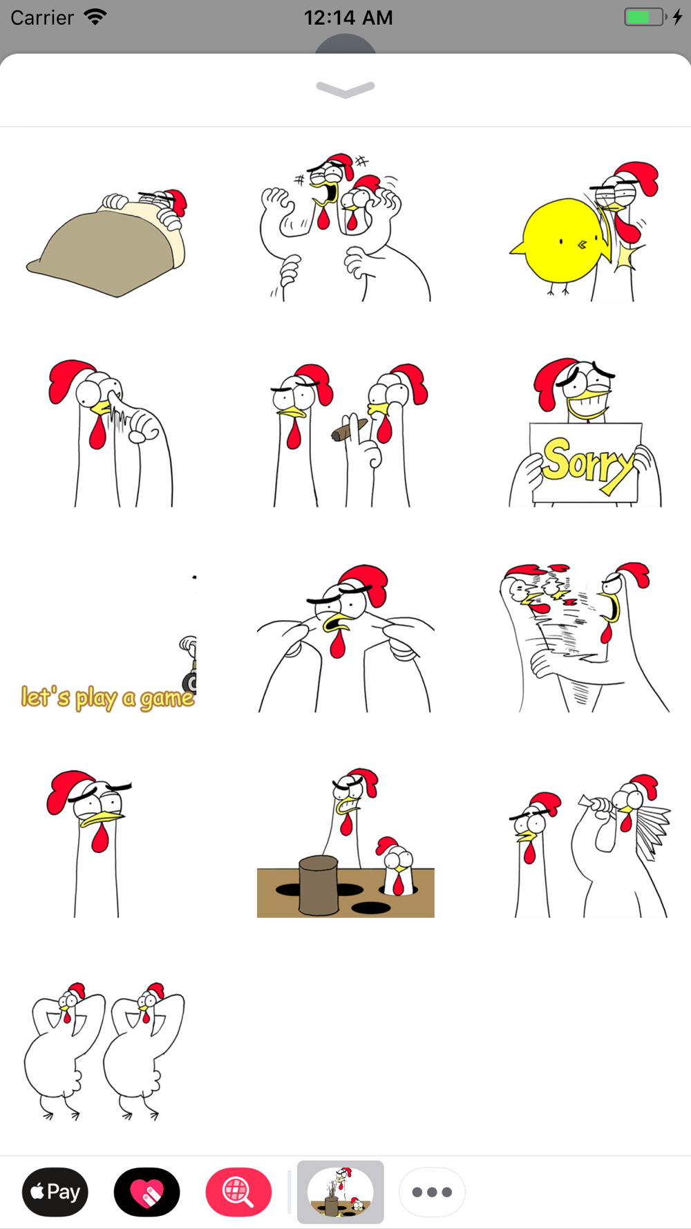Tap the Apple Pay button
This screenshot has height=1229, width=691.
click(x=55, y=1192)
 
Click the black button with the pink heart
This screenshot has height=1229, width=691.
click(x=147, y=1192)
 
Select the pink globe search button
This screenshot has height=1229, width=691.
click(x=238, y=1192)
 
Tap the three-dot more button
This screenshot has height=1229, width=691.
click(x=432, y=1192)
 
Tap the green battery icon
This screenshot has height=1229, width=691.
click(x=645, y=17)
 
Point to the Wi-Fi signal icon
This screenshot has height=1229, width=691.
click(x=95, y=17)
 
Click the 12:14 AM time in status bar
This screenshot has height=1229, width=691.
click(x=348, y=17)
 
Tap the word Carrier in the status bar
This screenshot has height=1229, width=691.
click(x=42, y=17)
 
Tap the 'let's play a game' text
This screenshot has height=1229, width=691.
click(x=108, y=697)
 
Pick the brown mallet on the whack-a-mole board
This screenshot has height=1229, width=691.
click(x=319, y=885)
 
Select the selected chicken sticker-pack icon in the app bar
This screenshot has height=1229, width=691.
click(x=341, y=1192)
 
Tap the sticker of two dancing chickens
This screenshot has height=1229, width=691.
click(x=104, y=1051)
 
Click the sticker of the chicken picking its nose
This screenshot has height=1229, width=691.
click(x=111, y=433)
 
